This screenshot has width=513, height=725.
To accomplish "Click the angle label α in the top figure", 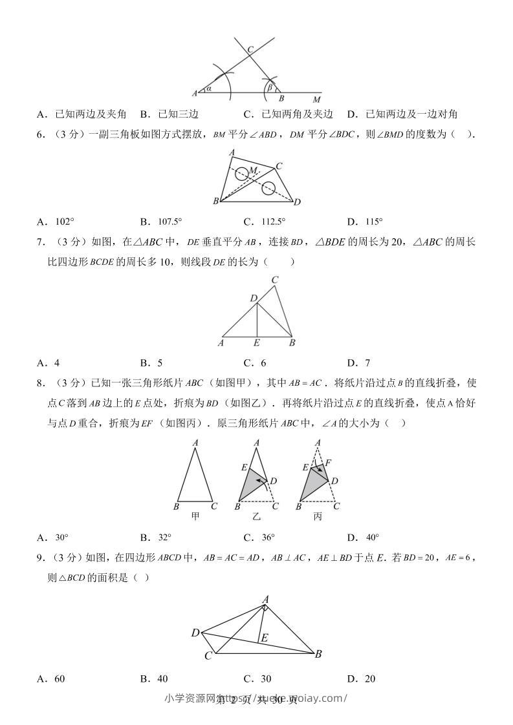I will click(209, 89).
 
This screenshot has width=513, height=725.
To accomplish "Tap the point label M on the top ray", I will click(316, 100).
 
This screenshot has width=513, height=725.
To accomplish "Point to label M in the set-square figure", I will click(254, 169).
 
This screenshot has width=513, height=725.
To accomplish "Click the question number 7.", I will click(41, 242).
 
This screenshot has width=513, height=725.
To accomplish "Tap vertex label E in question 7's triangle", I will click(257, 343).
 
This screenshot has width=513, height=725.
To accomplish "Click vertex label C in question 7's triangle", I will click(275, 280).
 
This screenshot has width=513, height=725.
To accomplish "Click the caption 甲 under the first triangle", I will click(195, 516).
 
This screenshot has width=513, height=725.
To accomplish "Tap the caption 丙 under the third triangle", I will click(318, 516).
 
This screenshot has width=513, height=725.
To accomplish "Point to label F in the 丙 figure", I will click(328, 463).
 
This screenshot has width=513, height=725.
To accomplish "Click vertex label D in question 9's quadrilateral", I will click(195, 633).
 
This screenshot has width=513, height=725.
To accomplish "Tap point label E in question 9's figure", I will click(263, 638).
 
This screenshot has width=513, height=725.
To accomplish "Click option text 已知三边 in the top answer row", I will click(178, 114).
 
